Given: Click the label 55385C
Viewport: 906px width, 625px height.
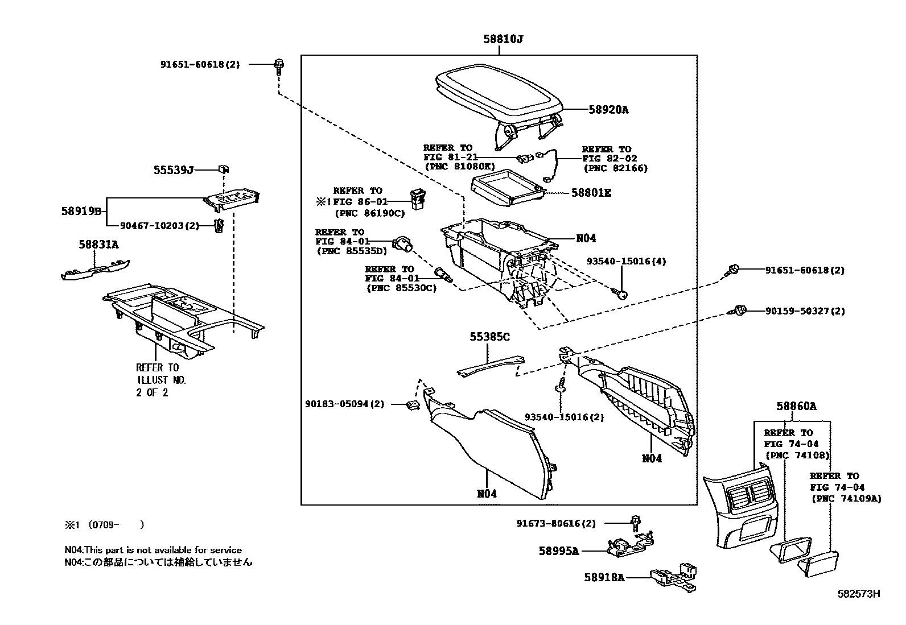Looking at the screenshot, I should coord(489,337).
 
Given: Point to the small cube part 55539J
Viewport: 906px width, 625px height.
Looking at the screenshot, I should coord(224,169).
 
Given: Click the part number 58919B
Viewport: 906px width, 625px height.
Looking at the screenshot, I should coord(81,211).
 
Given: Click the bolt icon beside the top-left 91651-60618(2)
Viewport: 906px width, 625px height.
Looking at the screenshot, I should coord(278,65).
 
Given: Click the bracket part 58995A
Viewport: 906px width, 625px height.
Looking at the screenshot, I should coord(629,545).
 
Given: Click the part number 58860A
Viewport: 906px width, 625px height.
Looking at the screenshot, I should coord(796,406).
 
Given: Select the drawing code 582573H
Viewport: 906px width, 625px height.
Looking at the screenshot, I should coord(859,594).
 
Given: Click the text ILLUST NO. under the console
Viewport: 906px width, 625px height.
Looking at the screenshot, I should coord(161,380).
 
